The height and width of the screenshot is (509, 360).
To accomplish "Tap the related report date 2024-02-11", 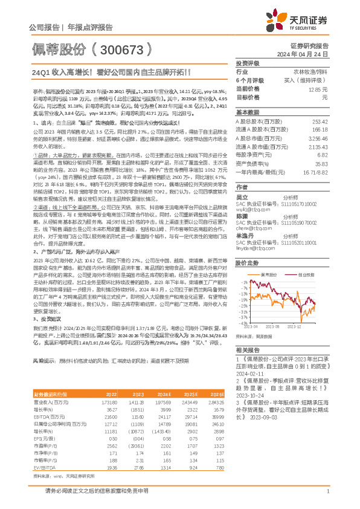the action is pyautogui.click(x=249, y=374).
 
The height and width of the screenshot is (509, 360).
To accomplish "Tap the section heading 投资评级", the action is pyautogui.click(x=246, y=63).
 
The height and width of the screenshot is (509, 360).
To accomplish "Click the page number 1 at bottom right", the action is pyautogui.click(x=326, y=498).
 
